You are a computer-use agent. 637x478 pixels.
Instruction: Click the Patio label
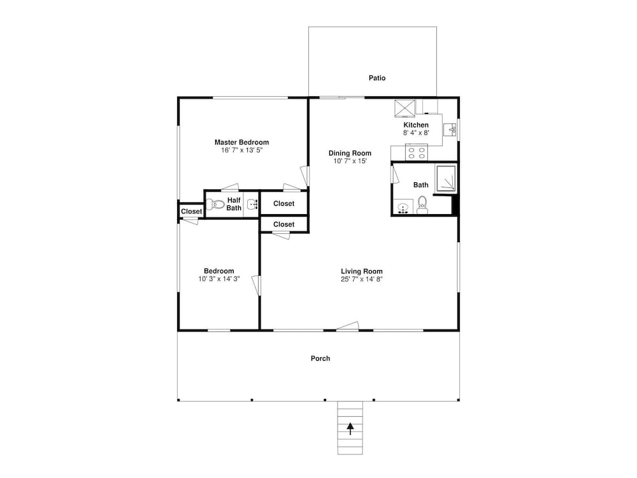point(377,78)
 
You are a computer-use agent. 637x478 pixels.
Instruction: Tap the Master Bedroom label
point(241,142)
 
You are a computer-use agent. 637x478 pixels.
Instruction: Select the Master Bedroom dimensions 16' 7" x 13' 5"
point(241,150)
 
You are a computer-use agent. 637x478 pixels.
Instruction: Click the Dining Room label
point(350,153)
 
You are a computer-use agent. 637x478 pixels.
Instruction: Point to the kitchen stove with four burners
point(417,153)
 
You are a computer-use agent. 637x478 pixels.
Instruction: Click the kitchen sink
point(450,130)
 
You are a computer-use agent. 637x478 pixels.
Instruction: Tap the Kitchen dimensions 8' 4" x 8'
point(416,133)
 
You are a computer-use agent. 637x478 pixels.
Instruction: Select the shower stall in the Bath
point(446,178)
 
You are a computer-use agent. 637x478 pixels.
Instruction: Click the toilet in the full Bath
point(422,205)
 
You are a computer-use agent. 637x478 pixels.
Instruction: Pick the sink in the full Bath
point(403,207)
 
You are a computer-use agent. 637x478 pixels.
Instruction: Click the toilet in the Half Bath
point(215,204)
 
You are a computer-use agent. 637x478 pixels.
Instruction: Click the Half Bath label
point(234,204)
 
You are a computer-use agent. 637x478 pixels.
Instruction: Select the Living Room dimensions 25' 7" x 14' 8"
point(362,279)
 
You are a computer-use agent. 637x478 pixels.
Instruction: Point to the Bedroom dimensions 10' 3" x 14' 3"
point(219,279)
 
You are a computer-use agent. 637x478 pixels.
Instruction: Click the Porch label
point(320,358)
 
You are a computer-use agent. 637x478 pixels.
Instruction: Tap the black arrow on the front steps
point(350,429)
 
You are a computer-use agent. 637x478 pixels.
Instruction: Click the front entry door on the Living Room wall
point(348,326)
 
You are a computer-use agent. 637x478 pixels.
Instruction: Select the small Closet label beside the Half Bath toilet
point(191,212)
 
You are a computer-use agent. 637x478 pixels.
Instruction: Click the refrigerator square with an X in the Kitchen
point(405,108)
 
